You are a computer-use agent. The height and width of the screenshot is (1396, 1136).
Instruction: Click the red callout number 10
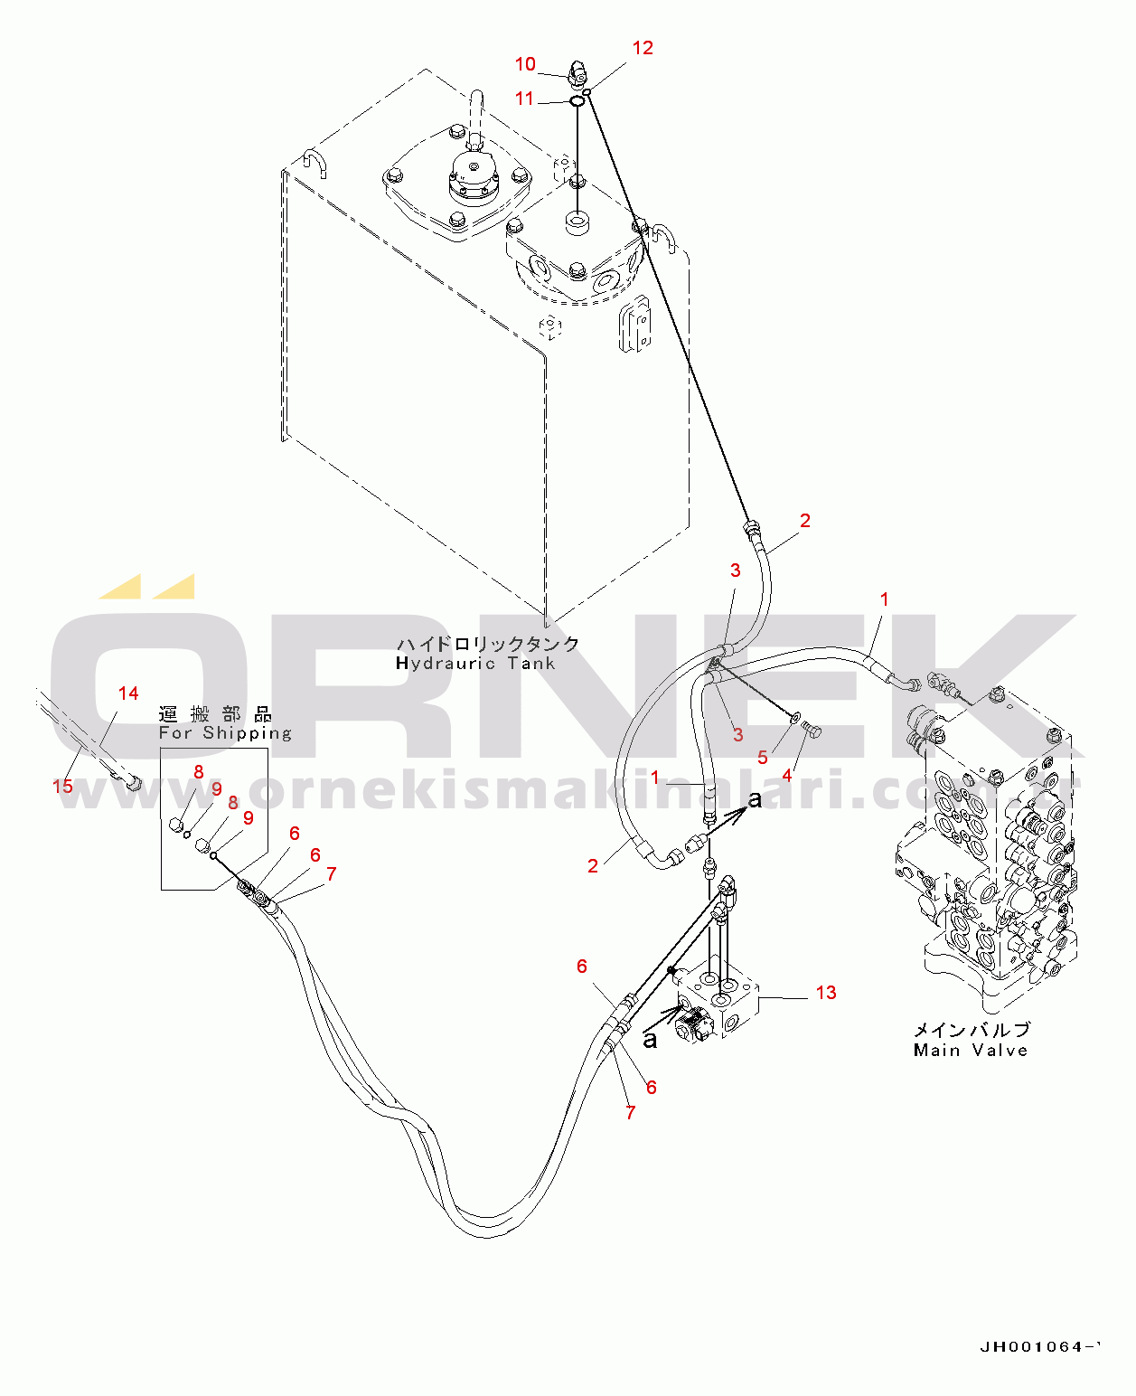[525, 64]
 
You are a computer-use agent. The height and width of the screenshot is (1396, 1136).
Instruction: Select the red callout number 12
[643, 48]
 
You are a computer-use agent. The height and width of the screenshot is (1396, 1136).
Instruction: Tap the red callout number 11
[525, 99]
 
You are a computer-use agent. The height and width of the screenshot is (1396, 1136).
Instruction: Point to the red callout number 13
[826, 993]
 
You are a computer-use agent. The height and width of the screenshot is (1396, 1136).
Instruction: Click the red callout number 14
[128, 693]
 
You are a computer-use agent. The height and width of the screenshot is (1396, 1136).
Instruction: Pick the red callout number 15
[62, 786]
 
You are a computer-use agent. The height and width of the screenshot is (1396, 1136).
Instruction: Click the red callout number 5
[763, 758]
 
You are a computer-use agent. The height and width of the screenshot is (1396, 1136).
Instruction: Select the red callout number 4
[787, 775]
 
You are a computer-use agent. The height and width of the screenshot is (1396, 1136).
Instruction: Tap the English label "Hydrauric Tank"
[475, 664]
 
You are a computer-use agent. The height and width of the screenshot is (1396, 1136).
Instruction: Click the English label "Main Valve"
[971, 1051]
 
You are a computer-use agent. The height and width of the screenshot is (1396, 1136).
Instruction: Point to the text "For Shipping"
[225, 733]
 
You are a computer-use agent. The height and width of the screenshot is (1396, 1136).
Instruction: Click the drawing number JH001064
[1039, 1347]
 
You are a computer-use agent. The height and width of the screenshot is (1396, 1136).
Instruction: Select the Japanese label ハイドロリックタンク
[488, 644]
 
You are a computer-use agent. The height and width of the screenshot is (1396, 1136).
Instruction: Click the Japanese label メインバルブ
[972, 1030]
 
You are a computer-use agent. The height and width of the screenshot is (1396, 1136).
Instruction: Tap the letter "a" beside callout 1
[755, 800]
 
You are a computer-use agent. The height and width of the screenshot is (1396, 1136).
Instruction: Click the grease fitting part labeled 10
[577, 71]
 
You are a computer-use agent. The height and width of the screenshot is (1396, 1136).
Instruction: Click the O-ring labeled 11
[577, 99]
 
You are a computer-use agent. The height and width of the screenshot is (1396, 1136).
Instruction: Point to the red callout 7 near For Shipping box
[332, 873]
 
